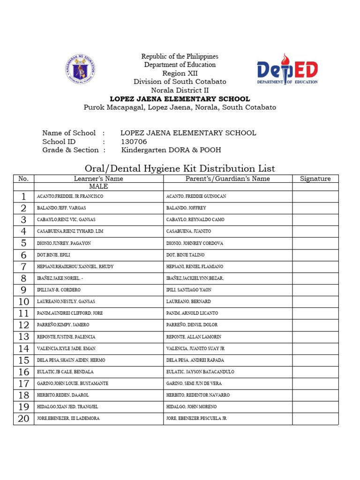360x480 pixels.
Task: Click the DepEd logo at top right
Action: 287,69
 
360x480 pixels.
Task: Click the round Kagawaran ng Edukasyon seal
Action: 80,69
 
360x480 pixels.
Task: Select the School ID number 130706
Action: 134,142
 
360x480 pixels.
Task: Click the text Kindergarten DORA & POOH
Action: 171,150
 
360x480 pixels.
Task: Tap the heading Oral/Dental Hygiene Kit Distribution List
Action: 180,168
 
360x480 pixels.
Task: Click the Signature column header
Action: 315,179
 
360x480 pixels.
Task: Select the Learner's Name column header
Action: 98,179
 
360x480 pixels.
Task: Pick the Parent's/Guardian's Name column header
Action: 227,179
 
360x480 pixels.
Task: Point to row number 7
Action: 23,267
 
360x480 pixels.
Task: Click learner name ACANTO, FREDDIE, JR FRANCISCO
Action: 70,196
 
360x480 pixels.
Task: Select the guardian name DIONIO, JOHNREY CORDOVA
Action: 195,243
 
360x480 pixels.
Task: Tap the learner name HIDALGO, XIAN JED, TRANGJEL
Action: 67,407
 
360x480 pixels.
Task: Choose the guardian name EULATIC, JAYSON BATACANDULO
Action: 200,372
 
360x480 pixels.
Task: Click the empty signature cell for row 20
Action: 315,419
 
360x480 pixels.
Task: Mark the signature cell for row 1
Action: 315,196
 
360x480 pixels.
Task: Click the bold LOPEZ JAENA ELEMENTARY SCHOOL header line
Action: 180,99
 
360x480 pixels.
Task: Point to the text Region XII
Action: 180,73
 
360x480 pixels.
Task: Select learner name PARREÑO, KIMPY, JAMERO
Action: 63,325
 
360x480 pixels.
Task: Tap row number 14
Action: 23,349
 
